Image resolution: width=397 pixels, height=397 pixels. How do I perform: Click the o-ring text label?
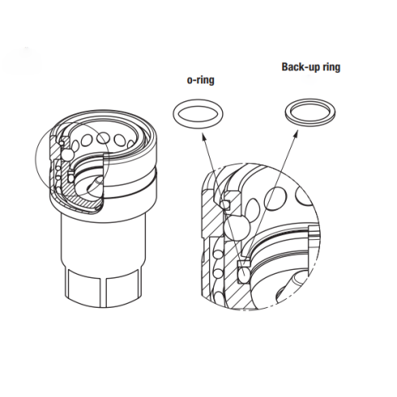point(201,80)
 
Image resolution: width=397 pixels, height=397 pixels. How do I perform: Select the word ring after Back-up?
point(331,67)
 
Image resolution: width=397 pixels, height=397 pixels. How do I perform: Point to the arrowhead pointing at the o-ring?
point(204,136)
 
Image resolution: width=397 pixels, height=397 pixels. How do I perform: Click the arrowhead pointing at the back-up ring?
point(297,133)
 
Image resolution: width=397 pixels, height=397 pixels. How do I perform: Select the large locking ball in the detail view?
point(237,228)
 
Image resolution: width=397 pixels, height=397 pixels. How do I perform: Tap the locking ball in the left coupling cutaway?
point(66,155)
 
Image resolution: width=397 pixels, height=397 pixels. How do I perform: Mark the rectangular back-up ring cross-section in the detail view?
point(244,263)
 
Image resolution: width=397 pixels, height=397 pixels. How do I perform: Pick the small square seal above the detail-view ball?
point(226,204)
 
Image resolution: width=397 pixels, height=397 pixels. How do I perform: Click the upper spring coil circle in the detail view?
point(217,254)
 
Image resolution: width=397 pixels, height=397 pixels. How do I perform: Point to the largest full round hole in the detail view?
point(276,198)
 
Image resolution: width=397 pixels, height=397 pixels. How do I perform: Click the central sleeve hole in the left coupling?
point(104,139)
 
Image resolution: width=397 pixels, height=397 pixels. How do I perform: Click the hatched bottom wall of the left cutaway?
point(81,200)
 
